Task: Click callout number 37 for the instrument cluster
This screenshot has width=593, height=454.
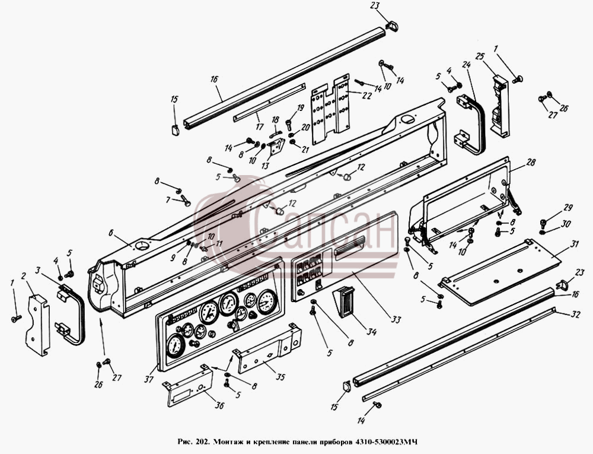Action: [149, 379]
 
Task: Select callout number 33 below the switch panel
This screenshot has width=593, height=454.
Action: [396, 320]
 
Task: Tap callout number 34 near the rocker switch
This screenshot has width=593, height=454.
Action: [372, 332]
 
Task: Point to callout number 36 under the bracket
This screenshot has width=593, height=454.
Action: [219, 405]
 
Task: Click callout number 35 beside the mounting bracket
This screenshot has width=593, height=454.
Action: [280, 377]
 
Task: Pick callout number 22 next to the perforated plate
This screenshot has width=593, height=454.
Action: [367, 96]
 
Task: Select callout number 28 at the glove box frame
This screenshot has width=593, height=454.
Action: [531, 162]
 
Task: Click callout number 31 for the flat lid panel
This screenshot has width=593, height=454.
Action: [575, 245]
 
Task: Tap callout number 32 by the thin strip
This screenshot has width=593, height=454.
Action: [575, 314]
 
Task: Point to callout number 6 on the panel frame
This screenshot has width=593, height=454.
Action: [111, 233]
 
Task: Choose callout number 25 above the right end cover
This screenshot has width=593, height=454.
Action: [480, 57]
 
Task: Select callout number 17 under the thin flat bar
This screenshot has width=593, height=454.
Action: [260, 126]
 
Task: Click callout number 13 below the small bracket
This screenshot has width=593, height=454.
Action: [265, 166]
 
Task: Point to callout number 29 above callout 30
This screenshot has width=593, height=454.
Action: [568, 208]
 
